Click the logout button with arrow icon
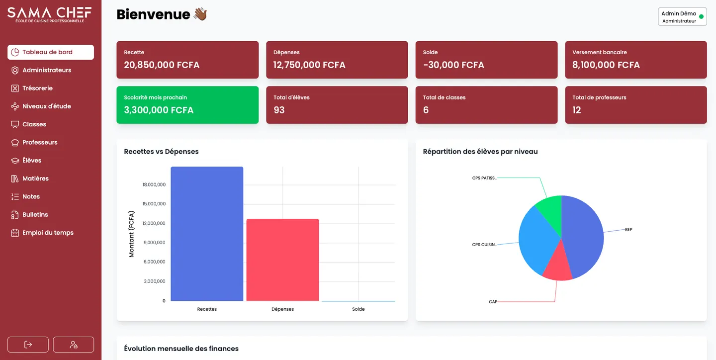click(28, 344)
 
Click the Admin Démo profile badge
click(682, 16)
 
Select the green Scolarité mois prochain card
click(187, 105)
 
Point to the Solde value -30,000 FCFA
click(453, 65)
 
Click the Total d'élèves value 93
click(279, 110)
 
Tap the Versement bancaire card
click(636, 60)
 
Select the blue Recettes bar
click(207, 234)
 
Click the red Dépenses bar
click(282, 260)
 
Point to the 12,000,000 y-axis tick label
click(154, 223)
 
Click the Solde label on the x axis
click(358, 309)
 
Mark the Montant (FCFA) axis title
click(131, 234)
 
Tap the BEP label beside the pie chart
click(628, 230)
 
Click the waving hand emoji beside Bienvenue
click(200, 14)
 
